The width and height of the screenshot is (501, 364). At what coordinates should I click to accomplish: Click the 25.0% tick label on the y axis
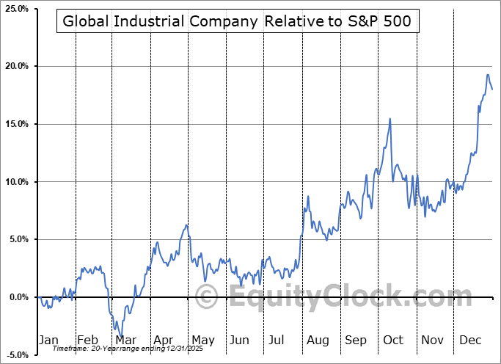pos(15,9)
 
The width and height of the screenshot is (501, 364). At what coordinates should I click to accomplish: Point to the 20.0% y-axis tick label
pos(15,66)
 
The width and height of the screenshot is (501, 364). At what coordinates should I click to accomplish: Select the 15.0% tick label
pos(15,124)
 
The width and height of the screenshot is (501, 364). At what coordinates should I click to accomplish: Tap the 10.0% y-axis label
pos(15,182)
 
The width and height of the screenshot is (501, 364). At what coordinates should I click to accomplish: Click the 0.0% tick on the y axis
pos(17,297)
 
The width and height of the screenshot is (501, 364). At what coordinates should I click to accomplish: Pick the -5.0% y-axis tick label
pos(16,355)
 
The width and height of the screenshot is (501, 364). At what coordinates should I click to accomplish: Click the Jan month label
pos(48,341)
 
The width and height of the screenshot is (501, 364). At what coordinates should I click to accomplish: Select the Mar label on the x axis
pos(125,341)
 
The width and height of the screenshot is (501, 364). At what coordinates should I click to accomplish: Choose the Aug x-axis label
pos(318,341)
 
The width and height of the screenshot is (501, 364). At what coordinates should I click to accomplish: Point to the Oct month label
pos(394,341)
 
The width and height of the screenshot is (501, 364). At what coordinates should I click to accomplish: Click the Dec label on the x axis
pos(470,341)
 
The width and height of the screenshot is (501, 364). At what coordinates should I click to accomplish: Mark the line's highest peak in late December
pos(488,74)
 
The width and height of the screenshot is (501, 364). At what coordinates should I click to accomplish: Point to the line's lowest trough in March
pos(120,337)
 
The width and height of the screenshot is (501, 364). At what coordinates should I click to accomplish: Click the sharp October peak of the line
pos(390,119)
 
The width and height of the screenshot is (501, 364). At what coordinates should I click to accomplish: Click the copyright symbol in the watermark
pos(208,298)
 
